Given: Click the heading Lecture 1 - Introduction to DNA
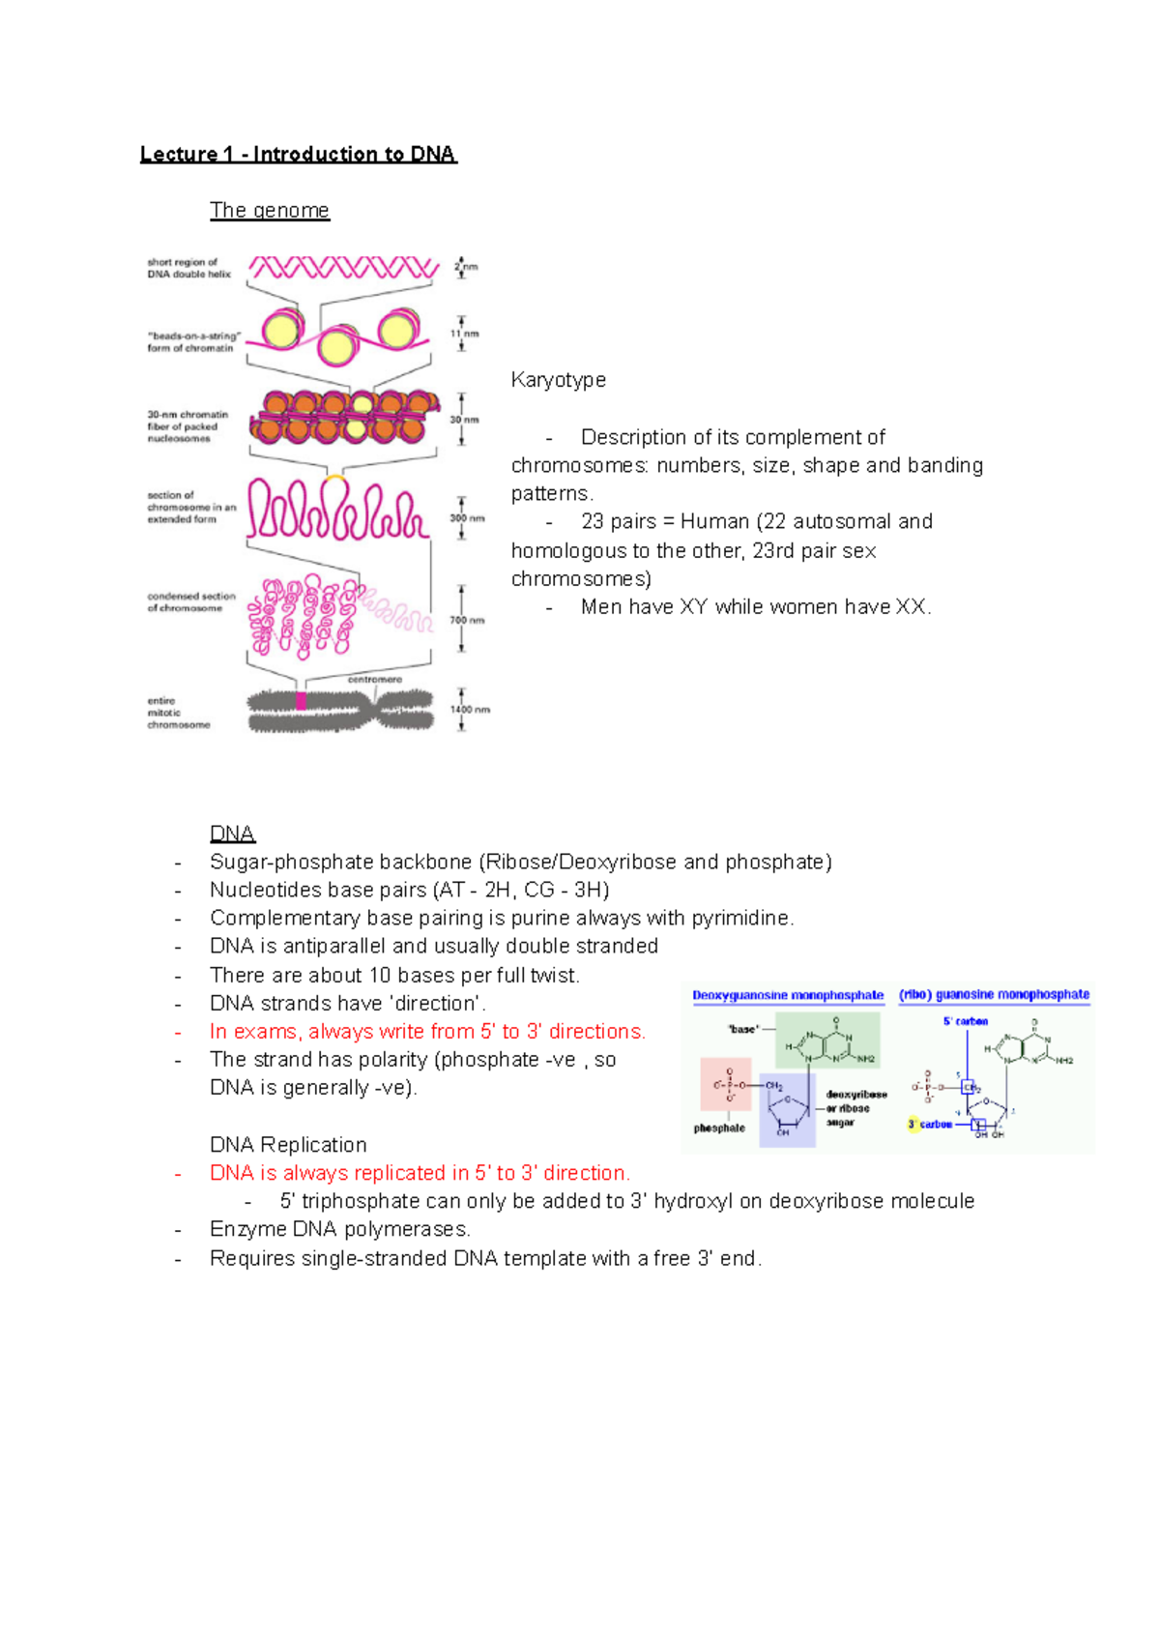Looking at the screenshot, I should pos(298,154).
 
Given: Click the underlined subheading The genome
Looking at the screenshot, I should pos(270,210).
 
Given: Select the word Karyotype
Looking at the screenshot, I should pos(558,380).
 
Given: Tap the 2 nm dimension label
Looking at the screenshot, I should pos(467,267).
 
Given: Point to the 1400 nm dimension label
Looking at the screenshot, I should pos(470,709).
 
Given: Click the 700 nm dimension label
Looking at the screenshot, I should pos(468,620).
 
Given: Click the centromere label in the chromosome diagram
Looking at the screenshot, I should pos(374,680).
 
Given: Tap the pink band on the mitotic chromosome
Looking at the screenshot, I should pos(301,701).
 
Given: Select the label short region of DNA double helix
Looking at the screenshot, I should pos(188,268).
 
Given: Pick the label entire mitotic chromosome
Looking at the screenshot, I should pos(178,713).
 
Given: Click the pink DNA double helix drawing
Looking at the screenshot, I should pos(343,268).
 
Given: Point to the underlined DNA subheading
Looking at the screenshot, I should pos(232,834).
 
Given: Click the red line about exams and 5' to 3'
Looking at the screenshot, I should pos(427,1031).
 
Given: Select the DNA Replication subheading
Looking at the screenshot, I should pos(288,1145).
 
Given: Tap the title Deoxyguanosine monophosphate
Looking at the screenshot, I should pos(788,995).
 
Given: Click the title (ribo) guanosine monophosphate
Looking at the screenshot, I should pos(994,994).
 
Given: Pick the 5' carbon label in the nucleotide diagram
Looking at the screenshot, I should pos(965,1021).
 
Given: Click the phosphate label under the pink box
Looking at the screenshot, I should pos(719,1128).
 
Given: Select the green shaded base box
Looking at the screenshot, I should pos(829,1040).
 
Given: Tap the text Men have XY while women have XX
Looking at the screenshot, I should pos(756,607).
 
